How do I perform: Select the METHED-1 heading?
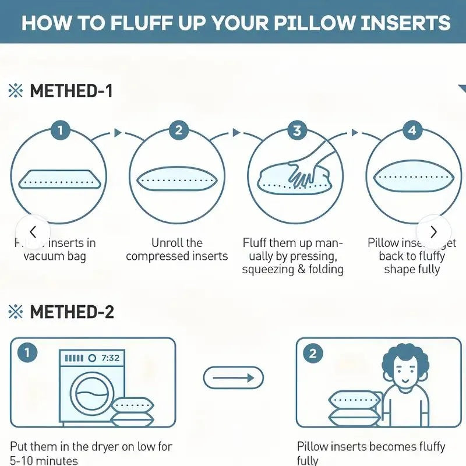point(70,91)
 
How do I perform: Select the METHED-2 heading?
point(70,312)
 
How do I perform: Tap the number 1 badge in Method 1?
point(61,129)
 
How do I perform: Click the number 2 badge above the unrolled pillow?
point(179,129)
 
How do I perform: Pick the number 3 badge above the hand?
point(297,129)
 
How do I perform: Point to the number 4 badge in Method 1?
point(412,129)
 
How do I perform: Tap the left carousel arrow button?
point(33,231)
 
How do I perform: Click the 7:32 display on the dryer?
point(110,358)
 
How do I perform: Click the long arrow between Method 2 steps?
point(233,377)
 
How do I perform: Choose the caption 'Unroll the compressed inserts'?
point(176,249)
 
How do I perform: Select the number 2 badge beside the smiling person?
point(313,353)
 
